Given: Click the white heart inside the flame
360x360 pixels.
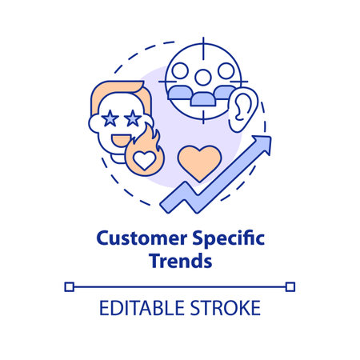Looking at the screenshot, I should pyautogui.click(x=142, y=162).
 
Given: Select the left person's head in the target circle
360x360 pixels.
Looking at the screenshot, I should pyautogui.click(x=180, y=72).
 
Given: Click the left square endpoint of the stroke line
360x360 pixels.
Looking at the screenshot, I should pyautogui.click(x=69, y=286).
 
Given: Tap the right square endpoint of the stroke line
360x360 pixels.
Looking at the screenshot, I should pyautogui.click(x=290, y=286).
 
